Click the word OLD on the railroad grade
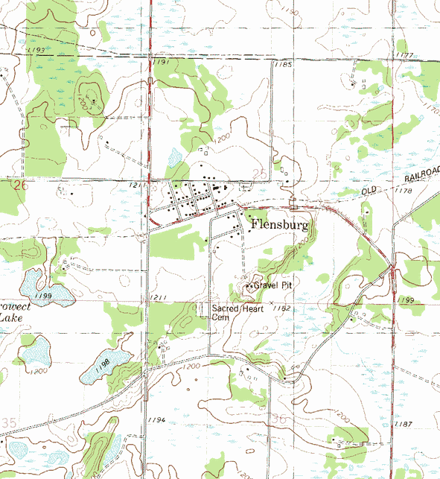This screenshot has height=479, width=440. [x=370, y=191]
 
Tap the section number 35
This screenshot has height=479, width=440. [x=8, y=422]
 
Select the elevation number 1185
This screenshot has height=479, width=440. [x=283, y=66]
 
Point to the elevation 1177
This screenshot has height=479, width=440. [x=405, y=55]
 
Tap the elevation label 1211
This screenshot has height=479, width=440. [x=157, y=299]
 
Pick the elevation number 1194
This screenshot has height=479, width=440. [x=156, y=422]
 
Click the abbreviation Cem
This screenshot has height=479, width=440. [x=220, y=317]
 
